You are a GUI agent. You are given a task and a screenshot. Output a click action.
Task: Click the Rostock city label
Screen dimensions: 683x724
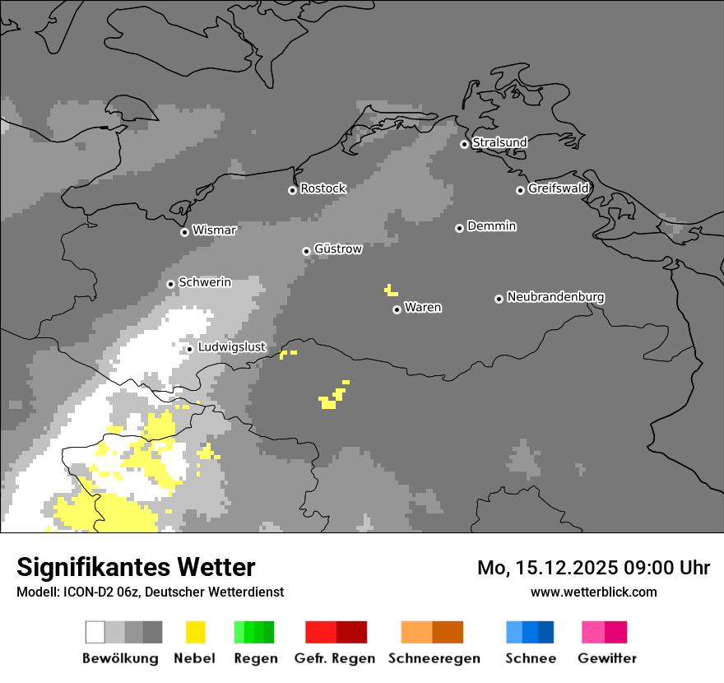[323, 188]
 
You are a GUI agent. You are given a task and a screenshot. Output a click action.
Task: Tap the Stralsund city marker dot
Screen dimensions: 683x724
[464, 144]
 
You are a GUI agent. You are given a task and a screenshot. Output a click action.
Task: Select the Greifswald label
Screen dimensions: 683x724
[558, 188]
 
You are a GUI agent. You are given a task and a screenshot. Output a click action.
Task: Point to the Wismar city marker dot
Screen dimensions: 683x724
[184, 232]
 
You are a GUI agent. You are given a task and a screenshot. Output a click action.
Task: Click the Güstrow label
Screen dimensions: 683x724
[338, 249]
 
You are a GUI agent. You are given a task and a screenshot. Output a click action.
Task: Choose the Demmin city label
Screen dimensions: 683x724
[491, 226]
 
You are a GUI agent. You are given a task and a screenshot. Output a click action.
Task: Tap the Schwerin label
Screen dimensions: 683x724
[205, 282]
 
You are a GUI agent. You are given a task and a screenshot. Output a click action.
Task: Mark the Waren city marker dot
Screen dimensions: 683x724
[397, 309]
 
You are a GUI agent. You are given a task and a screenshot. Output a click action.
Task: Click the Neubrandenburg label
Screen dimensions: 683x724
[555, 297]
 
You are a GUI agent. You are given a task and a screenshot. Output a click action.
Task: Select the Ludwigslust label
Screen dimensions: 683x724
[231, 347]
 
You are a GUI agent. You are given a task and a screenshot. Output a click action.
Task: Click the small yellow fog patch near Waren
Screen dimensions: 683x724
[390, 290]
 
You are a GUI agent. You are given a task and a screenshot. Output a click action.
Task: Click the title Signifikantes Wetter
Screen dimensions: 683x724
[136, 567]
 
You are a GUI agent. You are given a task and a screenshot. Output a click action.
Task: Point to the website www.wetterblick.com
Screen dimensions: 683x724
[593, 592]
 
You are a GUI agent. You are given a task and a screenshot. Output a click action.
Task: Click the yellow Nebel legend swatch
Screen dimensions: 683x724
[196, 632]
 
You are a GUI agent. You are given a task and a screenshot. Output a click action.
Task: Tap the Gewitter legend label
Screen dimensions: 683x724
[607, 658]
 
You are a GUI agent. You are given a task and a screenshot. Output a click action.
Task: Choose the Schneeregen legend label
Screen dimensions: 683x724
[434, 658]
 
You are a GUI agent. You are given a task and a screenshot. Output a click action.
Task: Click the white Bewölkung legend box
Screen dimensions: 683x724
[95, 632]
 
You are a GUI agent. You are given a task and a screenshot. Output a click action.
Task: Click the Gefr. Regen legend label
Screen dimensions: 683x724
[336, 658]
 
